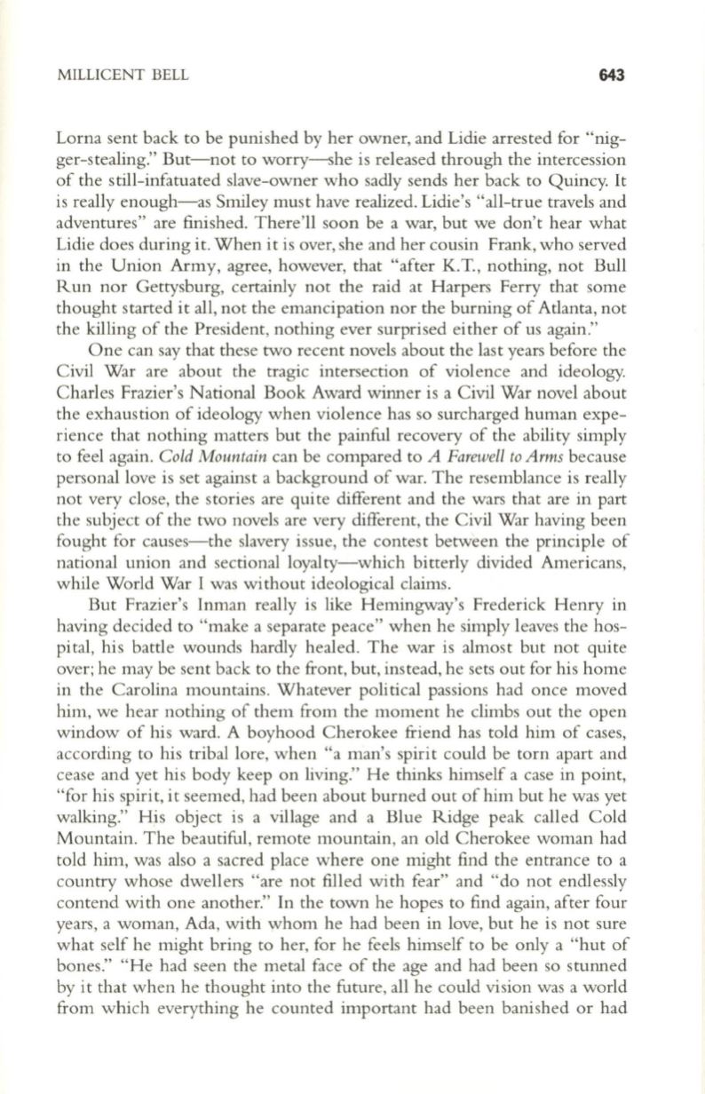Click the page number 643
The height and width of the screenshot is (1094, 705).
pos(613,75)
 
